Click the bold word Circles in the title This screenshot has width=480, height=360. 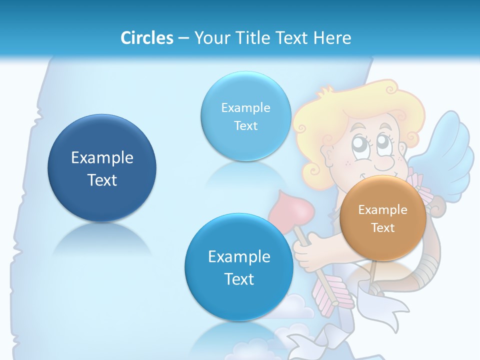pyautogui.click(x=146, y=38)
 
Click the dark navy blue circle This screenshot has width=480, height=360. pyautogui.click(x=102, y=167)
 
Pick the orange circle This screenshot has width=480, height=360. pyautogui.click(x=383, y=218)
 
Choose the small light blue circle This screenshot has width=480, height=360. pyautogui.click(x=245, y=116)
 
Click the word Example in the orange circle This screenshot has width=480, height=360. pyautogui.click(x=383, y=209)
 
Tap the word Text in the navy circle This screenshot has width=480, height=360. pyautogui.click(x=102, y=180)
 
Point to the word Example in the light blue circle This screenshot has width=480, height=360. pyautogui.click(x=245, y=107)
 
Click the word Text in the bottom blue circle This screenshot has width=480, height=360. pyautogui.click(x=239, y=278)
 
